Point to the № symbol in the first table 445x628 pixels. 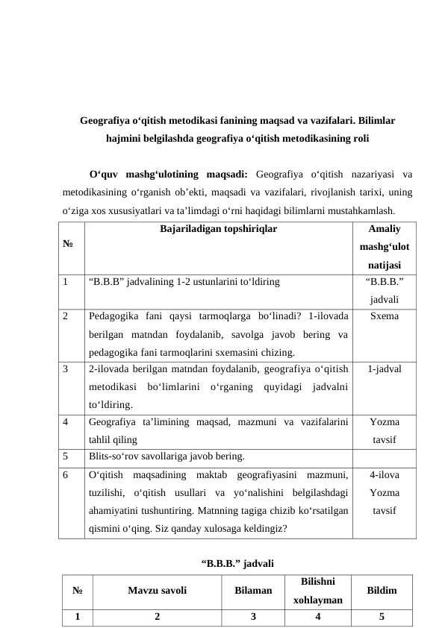(69, 242)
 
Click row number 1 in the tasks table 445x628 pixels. (67, 283)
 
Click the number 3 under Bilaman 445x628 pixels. (253, 617)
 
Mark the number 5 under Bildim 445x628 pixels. (382, 617)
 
